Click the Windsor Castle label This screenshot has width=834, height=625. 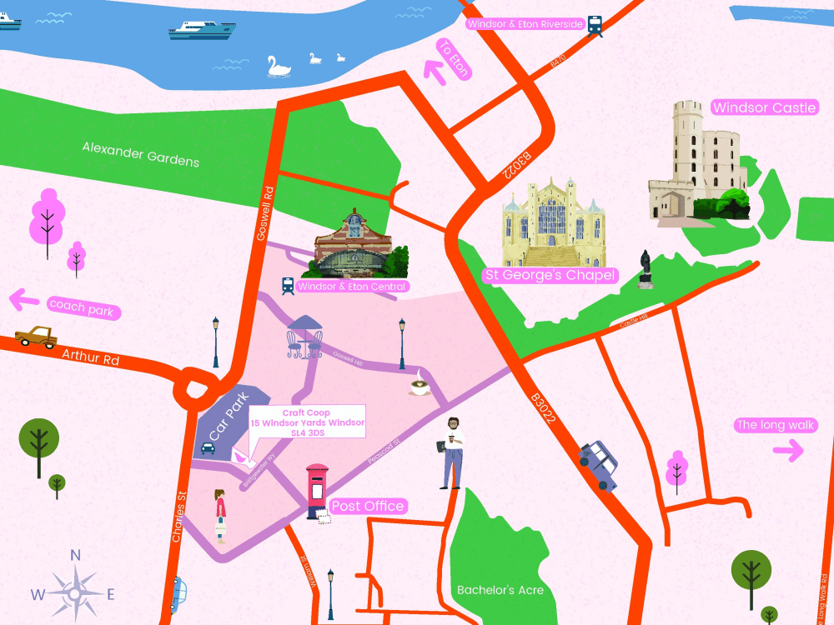click(x=764, y=107)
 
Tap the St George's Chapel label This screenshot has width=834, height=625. click(x=550, y=275)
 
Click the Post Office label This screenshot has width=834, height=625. click(x=368, y=506)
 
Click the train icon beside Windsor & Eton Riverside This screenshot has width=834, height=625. click(x=595, y=25)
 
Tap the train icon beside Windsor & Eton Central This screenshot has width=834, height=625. click(x=288, y=286)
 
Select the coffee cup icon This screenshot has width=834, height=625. click(x=420, y=386)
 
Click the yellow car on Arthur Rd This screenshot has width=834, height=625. click(x=36, y=337)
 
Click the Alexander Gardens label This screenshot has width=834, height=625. click(x=140, y=153)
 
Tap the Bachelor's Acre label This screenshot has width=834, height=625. click(x=500, y=590)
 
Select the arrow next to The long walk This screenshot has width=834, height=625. click(x=787, y=452)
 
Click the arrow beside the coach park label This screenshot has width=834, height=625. click(x=23, y=298)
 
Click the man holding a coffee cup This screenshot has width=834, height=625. click(x=452, y=452)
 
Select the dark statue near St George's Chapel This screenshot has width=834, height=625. click(x=645, y=269)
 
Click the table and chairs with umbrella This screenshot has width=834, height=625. click(x=304, y=337)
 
